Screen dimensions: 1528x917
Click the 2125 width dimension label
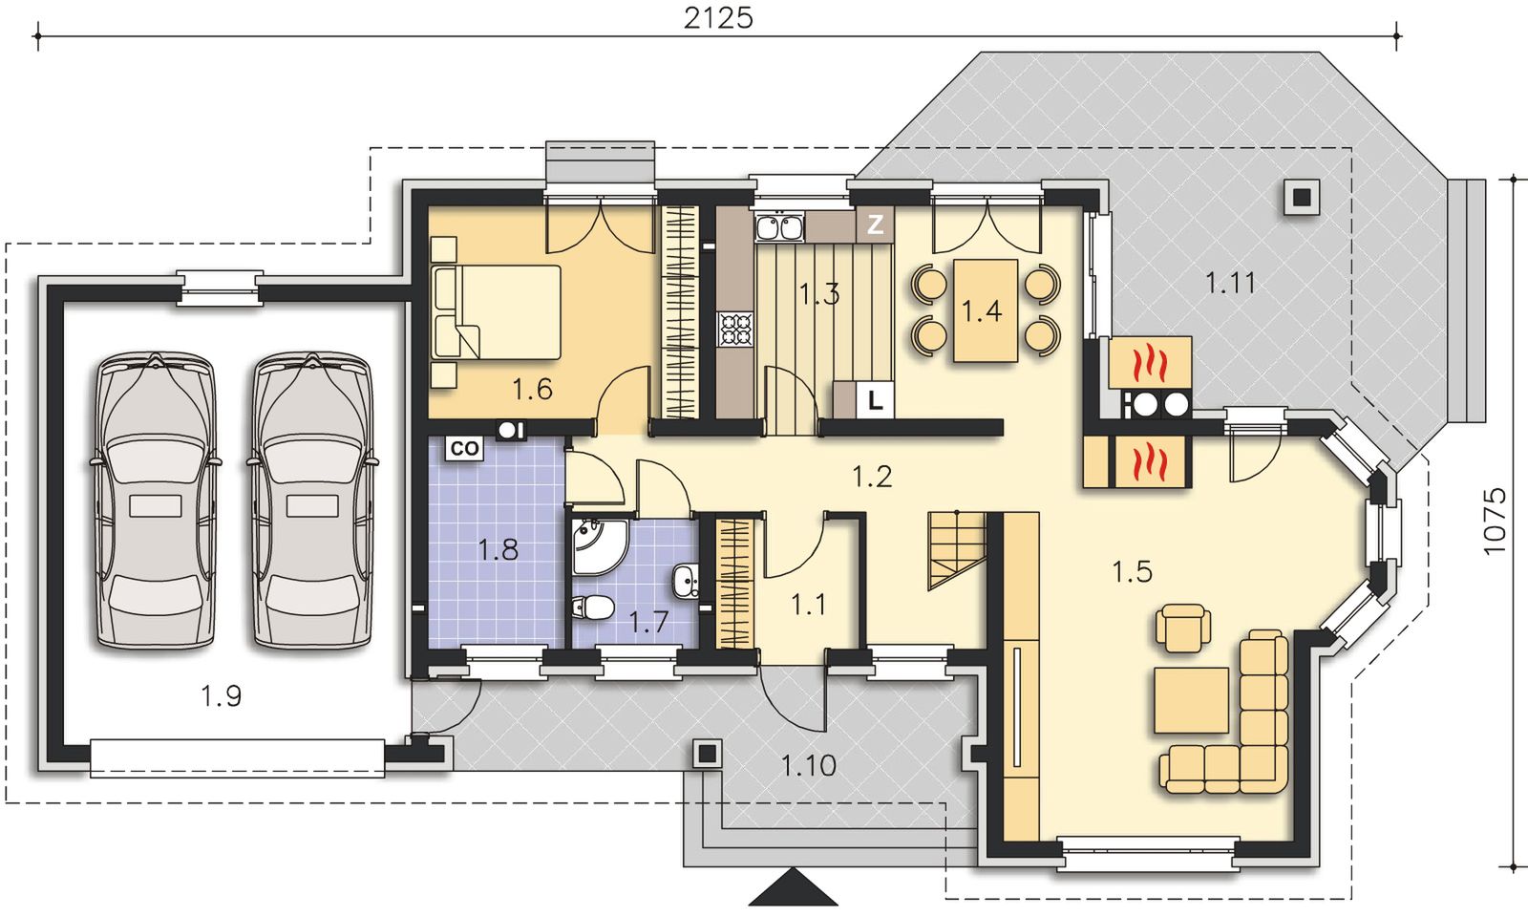(718, 18)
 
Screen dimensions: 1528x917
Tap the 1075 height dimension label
(1495, 522)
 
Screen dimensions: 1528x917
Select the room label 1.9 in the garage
(221, 696)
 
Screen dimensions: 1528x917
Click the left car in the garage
(156, 500)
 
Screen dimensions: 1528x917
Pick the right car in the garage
(312, 500)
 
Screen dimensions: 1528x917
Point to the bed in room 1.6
(497, 312)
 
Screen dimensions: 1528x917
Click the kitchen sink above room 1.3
(779, 227)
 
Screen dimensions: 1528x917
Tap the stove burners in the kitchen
(735, 329)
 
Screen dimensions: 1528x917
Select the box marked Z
(875, 224)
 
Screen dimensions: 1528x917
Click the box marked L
(875, 400)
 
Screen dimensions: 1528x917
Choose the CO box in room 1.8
(464, 449)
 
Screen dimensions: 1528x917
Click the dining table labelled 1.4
(986, 310)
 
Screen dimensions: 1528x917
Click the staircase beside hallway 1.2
(956, 550)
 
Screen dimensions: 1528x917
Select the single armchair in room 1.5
(1183, 628)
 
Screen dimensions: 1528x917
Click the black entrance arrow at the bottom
(794, 887)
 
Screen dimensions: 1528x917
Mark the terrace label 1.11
(1230, 283)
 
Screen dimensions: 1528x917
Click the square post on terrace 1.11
(1302, 197)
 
